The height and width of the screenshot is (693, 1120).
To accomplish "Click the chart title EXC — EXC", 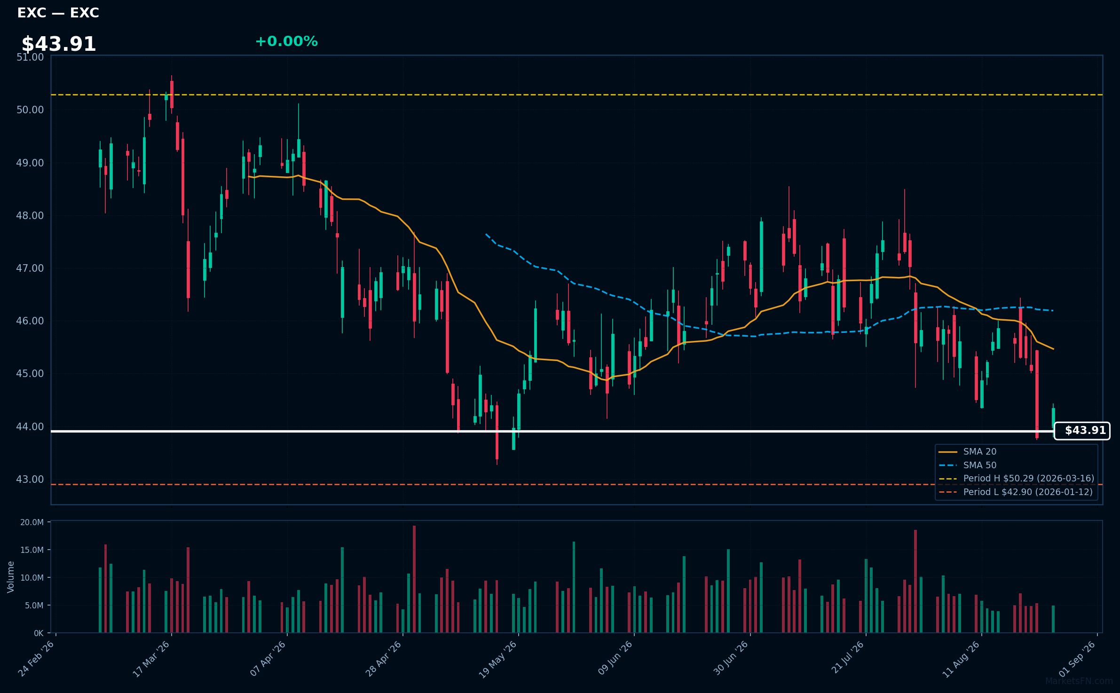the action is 58,13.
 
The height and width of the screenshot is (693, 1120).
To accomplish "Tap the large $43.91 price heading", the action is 59,44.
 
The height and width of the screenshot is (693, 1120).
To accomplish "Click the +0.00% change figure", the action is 286,41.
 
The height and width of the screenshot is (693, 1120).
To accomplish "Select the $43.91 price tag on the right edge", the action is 1082,431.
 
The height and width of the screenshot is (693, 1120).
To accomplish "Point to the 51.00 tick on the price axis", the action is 30,57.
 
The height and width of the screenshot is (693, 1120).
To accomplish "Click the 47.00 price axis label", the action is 30,268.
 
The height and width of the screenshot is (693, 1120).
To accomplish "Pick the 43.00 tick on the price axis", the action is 30,480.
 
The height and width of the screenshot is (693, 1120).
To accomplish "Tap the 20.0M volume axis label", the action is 32,522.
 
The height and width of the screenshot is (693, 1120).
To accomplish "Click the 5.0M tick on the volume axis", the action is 34,606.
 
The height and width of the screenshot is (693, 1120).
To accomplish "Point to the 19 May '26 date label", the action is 498,659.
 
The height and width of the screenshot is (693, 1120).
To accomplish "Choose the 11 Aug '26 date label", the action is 961,659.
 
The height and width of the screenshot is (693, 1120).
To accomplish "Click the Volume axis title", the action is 11,577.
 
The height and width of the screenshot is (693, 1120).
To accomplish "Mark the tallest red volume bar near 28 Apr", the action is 414,579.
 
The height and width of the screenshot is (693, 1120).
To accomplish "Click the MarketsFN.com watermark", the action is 1079,681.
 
